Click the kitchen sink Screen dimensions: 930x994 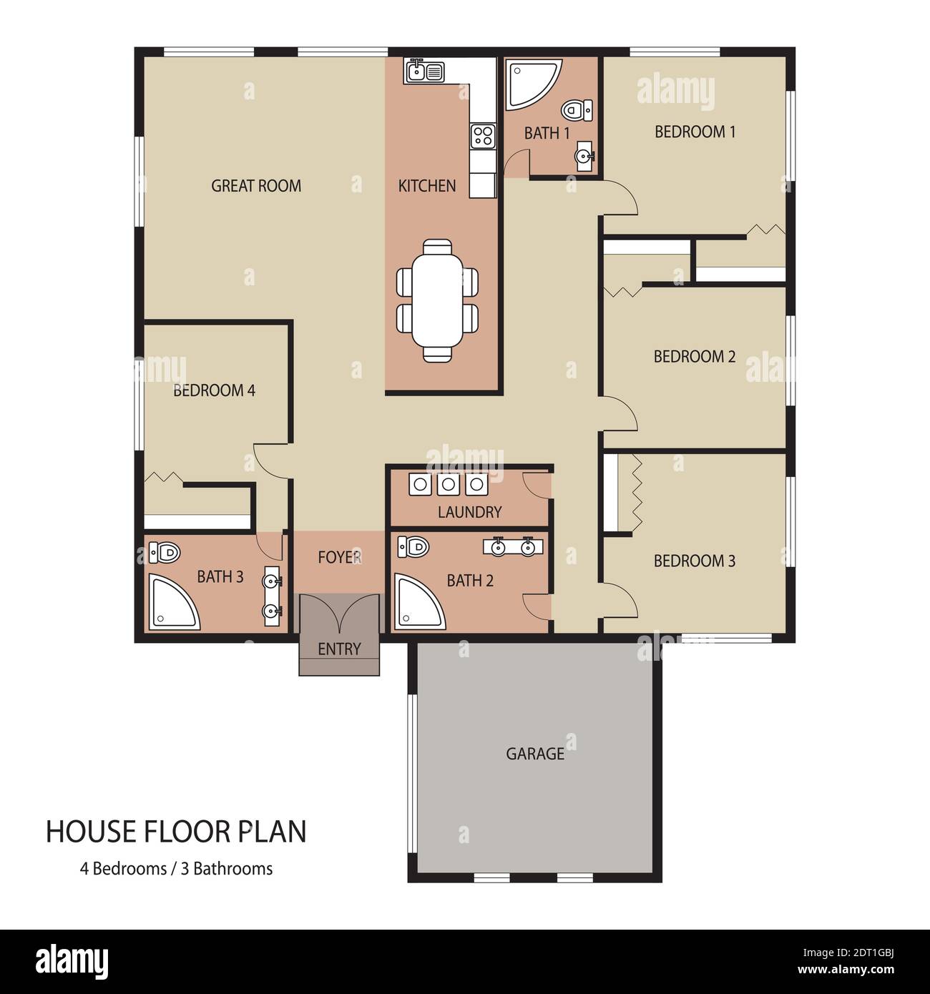[x=425, y=72]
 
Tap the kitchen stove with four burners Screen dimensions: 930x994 [x=484, y=136]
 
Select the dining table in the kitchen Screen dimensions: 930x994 [x=437, y=300]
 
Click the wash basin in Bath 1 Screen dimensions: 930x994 [x=584, y=156]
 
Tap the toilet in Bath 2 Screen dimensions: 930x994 [x=413, y=546]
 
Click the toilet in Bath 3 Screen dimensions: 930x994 [x=165, y=553]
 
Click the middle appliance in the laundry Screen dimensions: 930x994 [x=449, y=484]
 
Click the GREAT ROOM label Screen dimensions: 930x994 [x=256, y=186]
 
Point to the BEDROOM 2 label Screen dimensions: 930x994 [x=695, y=356]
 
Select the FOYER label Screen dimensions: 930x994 [x=340, y=557]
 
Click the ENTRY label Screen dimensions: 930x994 [x=339, y=649]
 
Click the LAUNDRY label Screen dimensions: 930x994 [x=470, y=512]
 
